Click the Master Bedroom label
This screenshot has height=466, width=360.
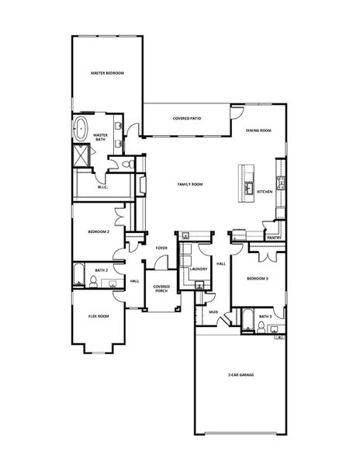(x=107, y=73)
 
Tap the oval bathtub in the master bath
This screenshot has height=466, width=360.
(x=80, y=129)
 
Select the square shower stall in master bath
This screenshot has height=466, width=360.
(x=81, y=155)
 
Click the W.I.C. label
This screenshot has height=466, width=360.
(x=102, y=187)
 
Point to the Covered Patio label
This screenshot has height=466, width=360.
(x=187, y=118)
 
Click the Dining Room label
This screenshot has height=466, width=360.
(x=258, y=130)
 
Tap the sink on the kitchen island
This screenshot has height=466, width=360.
(x=249, y=187)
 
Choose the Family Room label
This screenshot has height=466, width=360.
(x=190, y=184)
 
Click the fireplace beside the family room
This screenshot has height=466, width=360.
(x=141, y=185)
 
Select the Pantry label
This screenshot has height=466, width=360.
(x=274, y=238)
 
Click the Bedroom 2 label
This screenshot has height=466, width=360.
(x=99, y=231)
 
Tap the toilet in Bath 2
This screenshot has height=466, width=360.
(x=93, y=281)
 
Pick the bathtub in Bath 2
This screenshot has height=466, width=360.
(x=79, y=275)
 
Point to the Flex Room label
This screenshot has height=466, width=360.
(x=99, y=316)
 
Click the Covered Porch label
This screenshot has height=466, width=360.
(x=161, y=289)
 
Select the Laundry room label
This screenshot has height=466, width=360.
(x=199, y=269)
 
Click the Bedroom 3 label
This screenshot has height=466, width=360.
(x=258, y=279)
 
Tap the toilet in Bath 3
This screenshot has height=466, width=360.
(x=261, y=327)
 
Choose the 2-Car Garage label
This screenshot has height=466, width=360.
(x=241, y=375)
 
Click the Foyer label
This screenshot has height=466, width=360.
(x=161, y=248)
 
